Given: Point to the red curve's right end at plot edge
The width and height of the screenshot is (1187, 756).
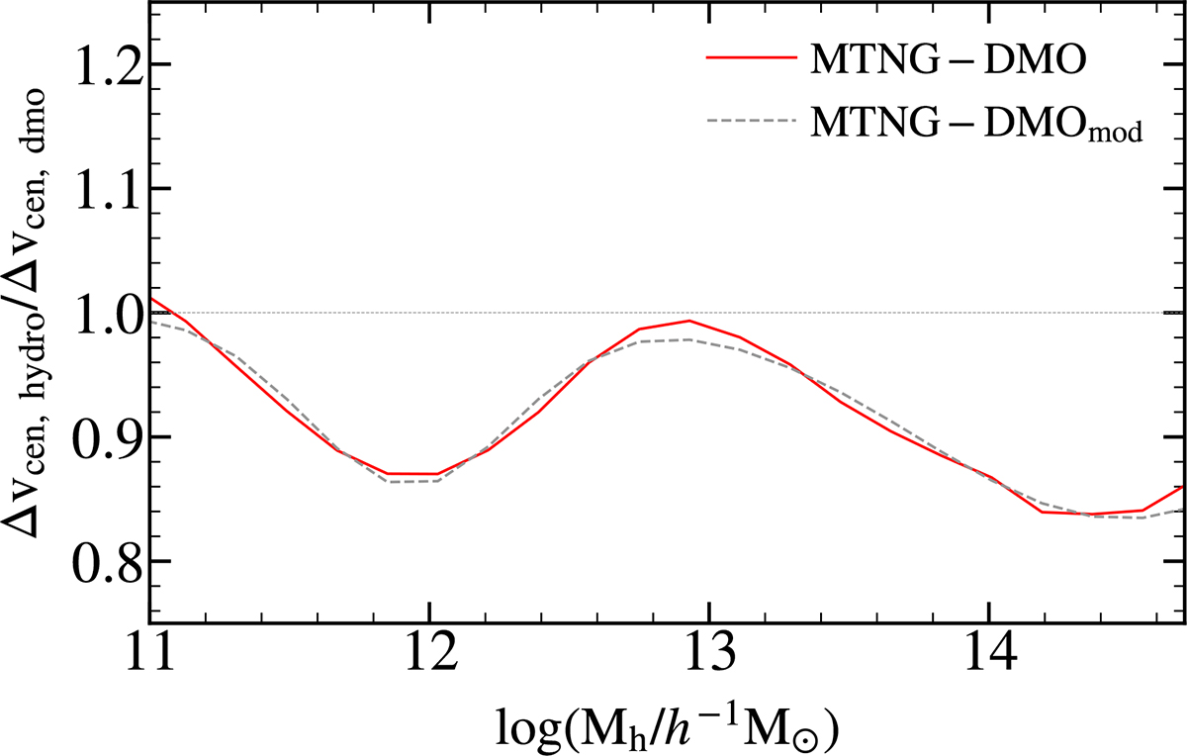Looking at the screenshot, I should coord(1183,487).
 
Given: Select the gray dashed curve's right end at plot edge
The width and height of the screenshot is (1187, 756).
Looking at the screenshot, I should coord(1183,510).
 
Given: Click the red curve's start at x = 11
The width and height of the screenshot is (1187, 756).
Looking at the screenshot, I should coord(149,297).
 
